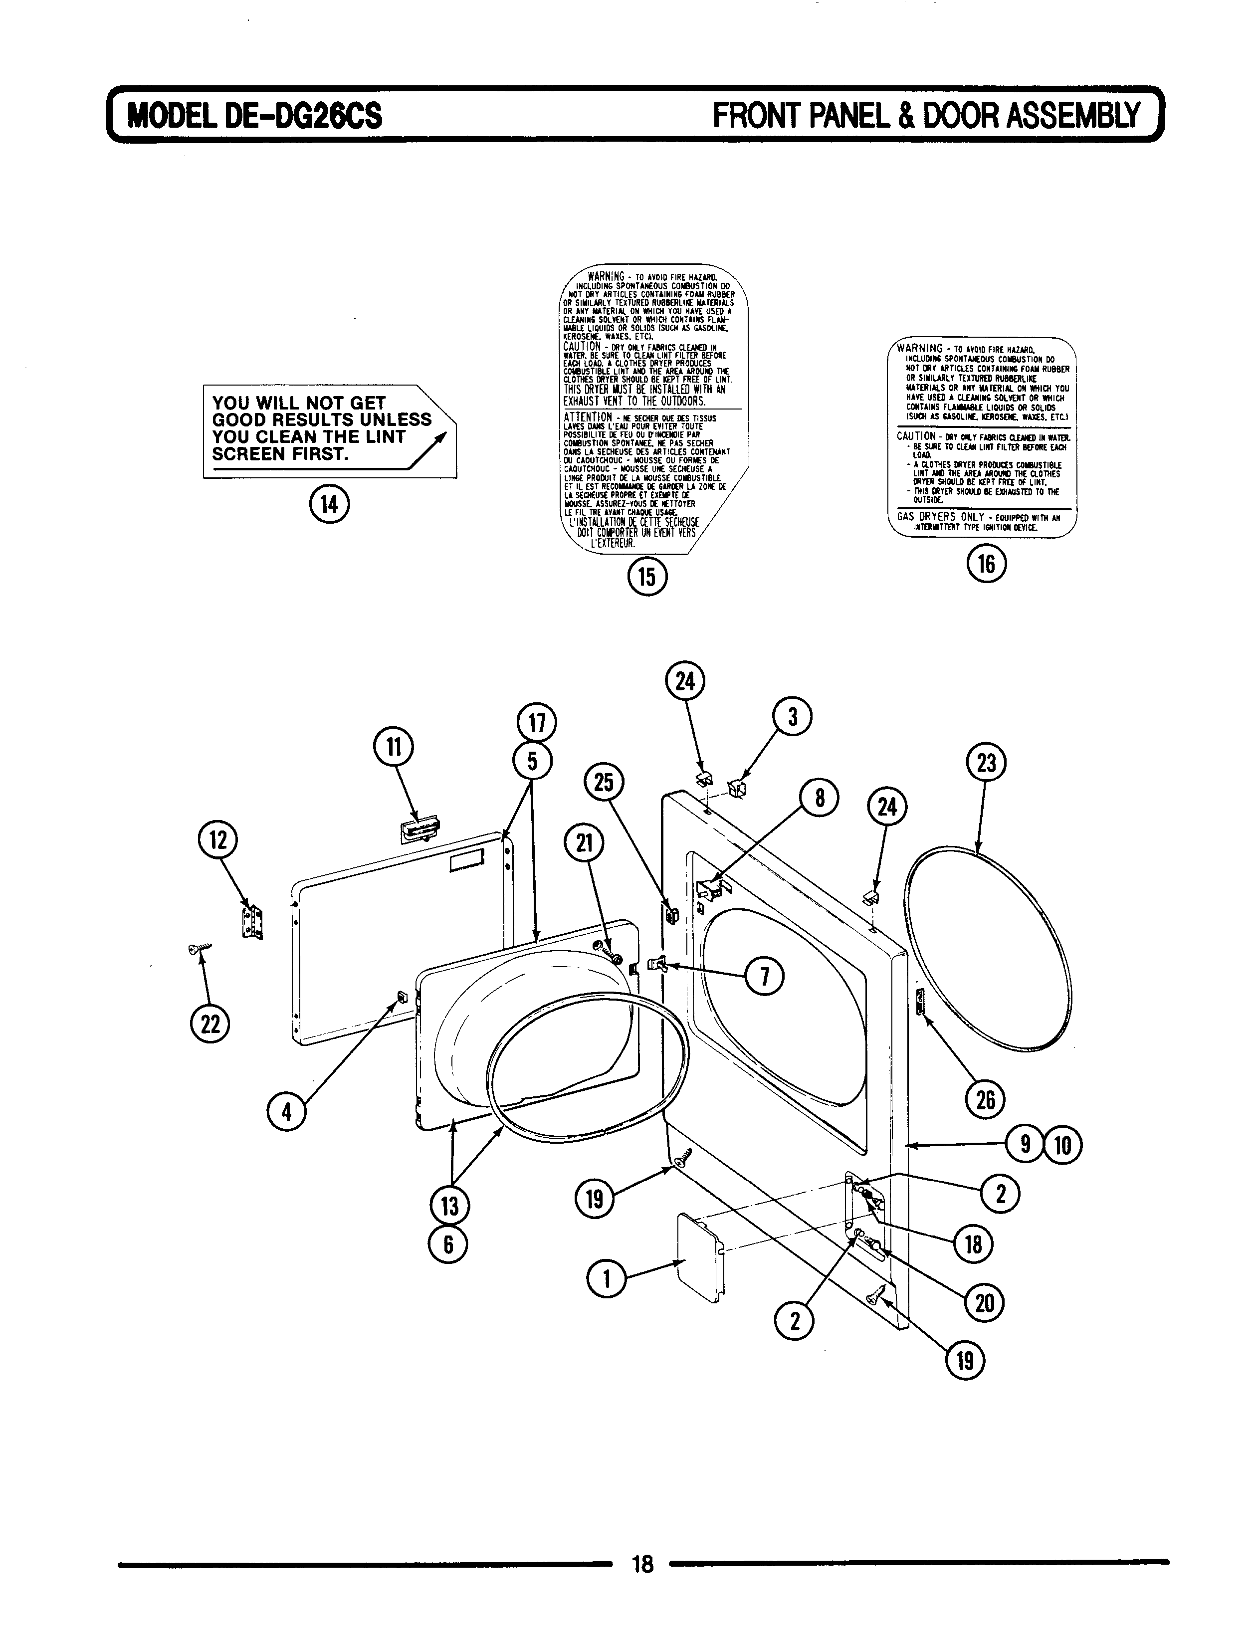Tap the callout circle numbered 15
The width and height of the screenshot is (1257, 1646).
coord(647,576)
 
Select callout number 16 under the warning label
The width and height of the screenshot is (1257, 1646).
coord(986,564)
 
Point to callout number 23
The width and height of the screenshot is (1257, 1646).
coord(986,764)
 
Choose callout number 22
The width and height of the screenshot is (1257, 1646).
coord(211,1024)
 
